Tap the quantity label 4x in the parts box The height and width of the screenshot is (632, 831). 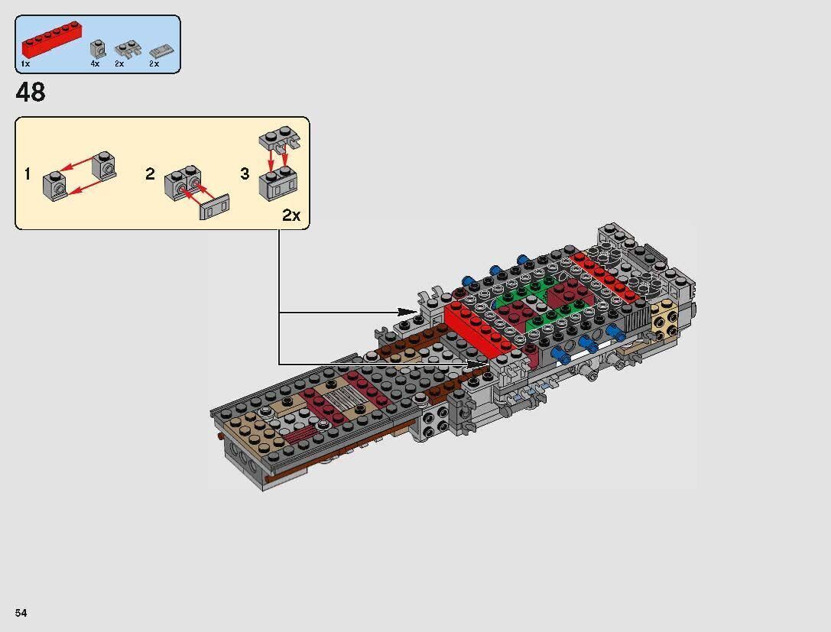(95, 64)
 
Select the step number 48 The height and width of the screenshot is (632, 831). (31, 92)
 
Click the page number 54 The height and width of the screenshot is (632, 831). (20, 614)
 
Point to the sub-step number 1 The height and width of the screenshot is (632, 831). (28, 174)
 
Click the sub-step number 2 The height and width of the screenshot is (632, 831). (150, 174)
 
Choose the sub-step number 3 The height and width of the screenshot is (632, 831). (245, 174)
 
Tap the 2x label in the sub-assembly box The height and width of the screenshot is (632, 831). (291, 216)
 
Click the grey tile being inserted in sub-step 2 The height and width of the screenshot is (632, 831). (215, 206)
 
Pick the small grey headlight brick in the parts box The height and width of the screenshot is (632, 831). (97, 50)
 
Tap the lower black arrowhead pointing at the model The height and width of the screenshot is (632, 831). (479, 364)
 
